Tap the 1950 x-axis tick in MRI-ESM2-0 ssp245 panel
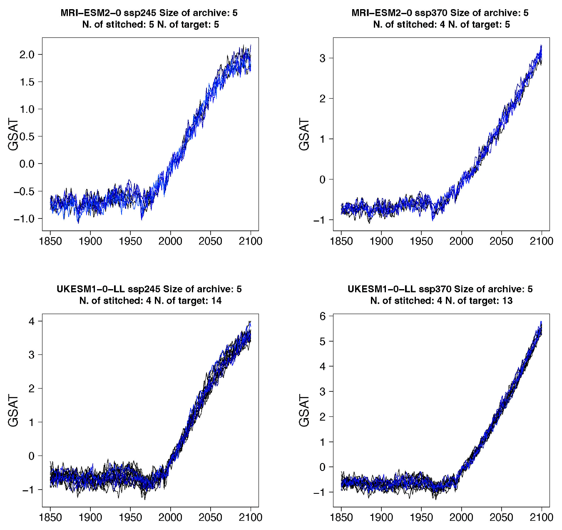(x=130, y=241)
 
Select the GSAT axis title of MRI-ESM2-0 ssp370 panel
(x=304, y=134)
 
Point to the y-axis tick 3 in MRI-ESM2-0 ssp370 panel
(x=322, y=58)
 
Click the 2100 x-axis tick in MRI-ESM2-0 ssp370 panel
(x=541, y=241)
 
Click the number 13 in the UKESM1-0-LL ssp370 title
(x=507, y=301)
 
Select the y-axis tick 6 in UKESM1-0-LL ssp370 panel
(x=322, y=316)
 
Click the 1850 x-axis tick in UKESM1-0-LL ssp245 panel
(x=50, y=517)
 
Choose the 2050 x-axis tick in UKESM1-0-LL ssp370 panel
(x=501, y=517)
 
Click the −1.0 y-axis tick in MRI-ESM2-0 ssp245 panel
(x=25, y=219)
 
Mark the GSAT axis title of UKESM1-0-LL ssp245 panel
(x=13, y=411)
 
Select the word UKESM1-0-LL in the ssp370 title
(x=381, y=289)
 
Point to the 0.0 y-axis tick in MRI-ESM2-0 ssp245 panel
(x=28, y=164)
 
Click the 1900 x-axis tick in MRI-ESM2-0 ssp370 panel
(x=381, y=241)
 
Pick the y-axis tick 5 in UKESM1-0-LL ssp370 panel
(x=322, y=342)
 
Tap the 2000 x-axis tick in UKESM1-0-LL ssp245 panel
(x=170, y=517)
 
